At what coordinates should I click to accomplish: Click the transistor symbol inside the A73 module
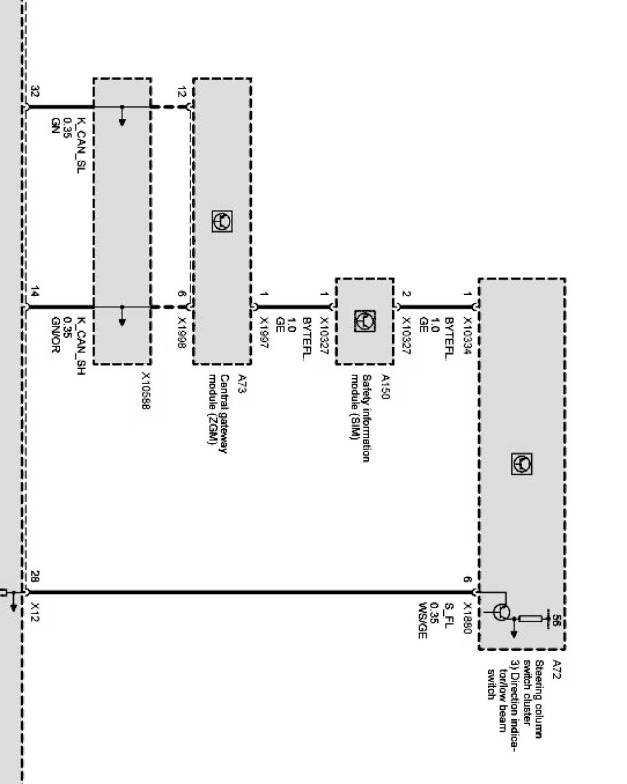(x=222, y=221)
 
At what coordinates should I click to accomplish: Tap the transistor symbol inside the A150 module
(x=366, y=321)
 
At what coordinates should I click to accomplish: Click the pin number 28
(x=35, y=576)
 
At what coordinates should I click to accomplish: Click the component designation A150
(x=385, y=384)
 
